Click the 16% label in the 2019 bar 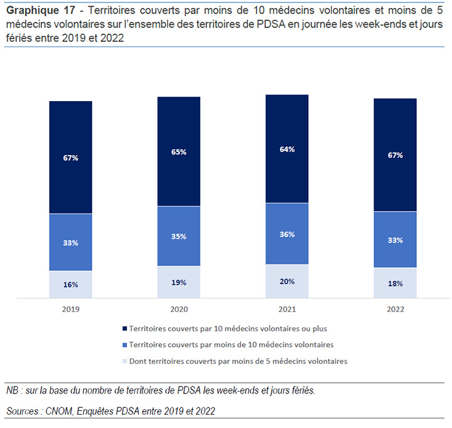point(70,284)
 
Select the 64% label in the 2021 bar point(287,149)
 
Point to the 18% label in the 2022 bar point(395,284)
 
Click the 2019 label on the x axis point(70,309)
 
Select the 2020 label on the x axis point(179,309)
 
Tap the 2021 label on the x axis point(287,309)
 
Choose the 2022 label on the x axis point(395,309)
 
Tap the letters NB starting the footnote point(12,390)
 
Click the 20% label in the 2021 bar point(287,281)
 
